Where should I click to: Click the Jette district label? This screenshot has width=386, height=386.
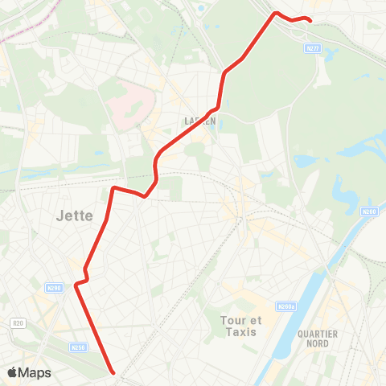click(76, 216)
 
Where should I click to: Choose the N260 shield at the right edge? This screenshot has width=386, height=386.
click(369, 211)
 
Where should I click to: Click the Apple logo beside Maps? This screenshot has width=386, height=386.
click(12, 373)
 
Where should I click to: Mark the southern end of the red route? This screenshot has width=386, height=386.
click(113, 372)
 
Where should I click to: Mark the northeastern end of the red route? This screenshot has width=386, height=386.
click(310, 20)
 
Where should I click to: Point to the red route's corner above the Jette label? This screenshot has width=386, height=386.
click(113, 188)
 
